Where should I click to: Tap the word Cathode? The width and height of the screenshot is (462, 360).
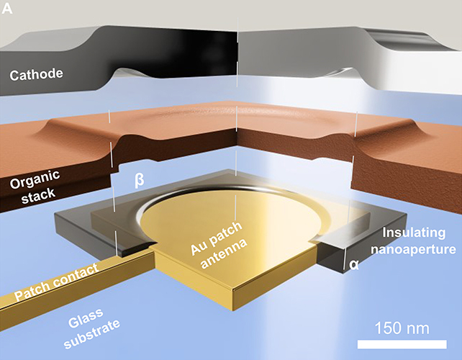point(38,73)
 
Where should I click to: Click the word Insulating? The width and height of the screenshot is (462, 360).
point(417,233)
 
